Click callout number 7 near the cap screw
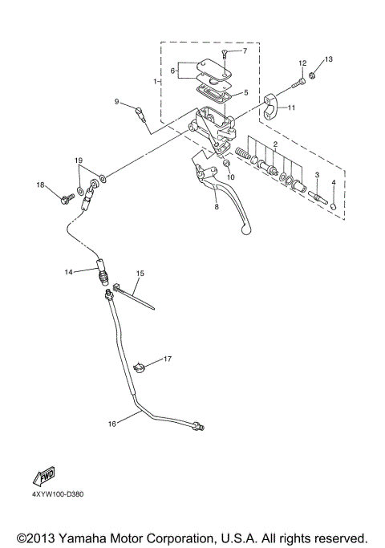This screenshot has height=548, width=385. click(x=245, y=51)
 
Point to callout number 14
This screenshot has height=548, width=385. click(x=69, y=272)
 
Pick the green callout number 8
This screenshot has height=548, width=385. click(x=215, y=207)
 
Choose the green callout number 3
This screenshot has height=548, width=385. click(x=317, y=174)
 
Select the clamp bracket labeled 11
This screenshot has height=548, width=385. click(x=274, y=104)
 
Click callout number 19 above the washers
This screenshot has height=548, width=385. click(x=79, y=161)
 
